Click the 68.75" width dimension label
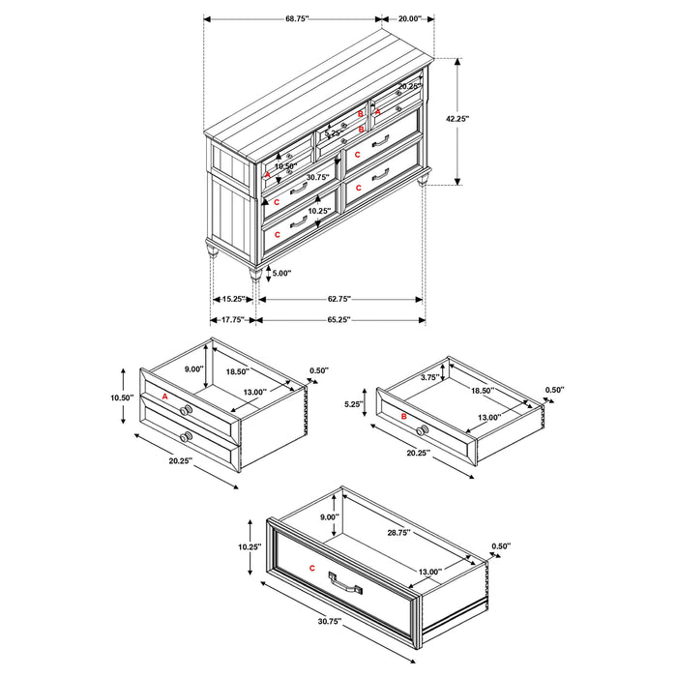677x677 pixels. point(292,18)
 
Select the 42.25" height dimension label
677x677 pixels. point(456,119)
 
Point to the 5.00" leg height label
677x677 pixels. point(280,274)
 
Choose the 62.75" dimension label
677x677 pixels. point(338,299)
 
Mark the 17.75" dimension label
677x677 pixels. point(230,320)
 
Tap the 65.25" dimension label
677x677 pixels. point(338,320)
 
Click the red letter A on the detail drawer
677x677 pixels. point(165,397)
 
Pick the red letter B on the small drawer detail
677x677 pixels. point(402,416)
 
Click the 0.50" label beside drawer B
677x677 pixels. point(554,391)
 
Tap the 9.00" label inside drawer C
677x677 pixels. point(330,517)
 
